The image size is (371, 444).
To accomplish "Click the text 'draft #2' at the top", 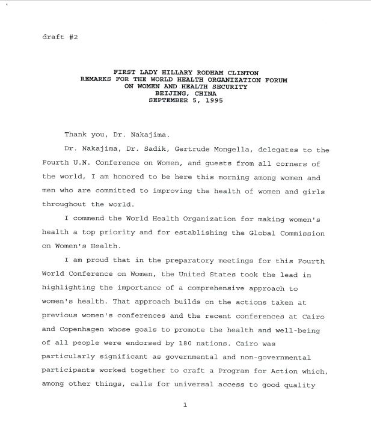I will pos(60,37).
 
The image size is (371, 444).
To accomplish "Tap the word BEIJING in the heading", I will pos(172,93).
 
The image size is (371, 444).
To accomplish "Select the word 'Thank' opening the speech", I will pos(76,134).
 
